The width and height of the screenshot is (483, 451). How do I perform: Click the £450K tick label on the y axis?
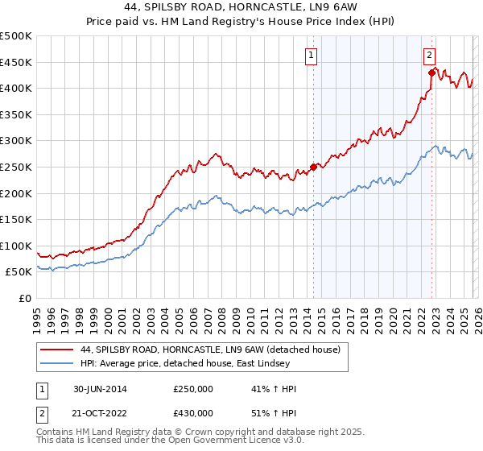tap(16, 62)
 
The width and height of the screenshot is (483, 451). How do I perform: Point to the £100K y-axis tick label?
tap(16, 246)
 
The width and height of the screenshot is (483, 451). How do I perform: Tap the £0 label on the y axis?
tap(26, 299)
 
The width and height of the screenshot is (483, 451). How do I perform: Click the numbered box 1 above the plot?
tap(311, 56)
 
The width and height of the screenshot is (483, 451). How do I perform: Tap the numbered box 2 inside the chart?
tap(429, 56)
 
